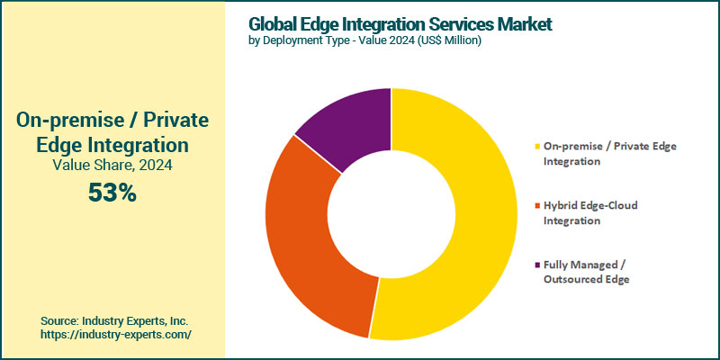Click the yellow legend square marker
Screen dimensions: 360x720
537,146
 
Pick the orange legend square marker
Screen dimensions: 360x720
537,205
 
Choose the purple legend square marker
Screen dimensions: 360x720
537,265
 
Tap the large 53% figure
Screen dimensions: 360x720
112,192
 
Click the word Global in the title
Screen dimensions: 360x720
276,23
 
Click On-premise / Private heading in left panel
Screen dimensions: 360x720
112,120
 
